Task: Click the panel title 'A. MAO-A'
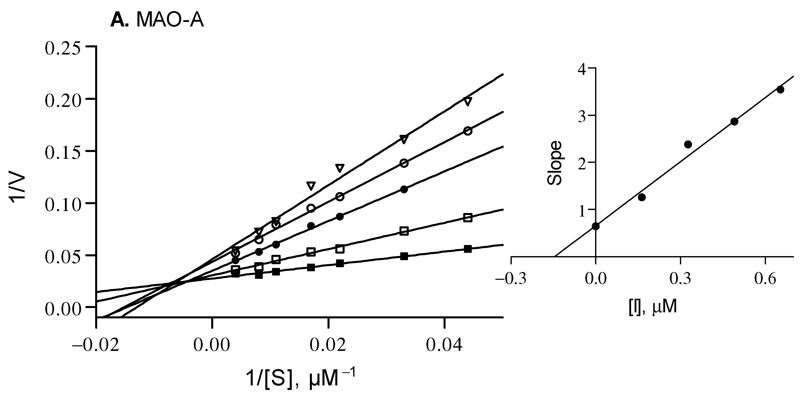coord(157,21)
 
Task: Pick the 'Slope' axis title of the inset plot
coord(555,163)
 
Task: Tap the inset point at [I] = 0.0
coord(596,226)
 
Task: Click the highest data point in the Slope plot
coord(780,90)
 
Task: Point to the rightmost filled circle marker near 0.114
coord(404,189)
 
